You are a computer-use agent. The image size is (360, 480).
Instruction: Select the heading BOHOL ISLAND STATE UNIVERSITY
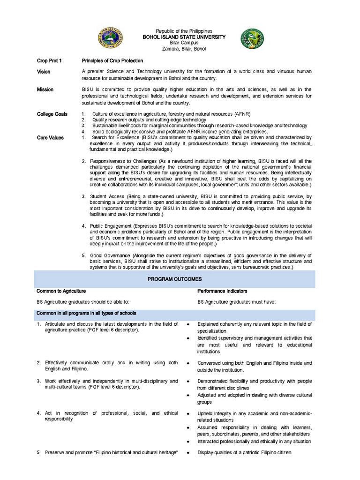click(x=180, y=37)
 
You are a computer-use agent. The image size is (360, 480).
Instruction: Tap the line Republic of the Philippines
click(x=180, y=31)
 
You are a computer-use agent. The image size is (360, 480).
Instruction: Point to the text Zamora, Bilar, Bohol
click(x=180, y=49)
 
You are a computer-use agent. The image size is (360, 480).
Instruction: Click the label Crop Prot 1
click(x=49, y=61)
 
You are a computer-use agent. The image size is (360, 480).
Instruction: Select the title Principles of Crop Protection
click(x=112, y=61)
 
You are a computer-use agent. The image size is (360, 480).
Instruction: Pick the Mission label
click(x=45, y=90)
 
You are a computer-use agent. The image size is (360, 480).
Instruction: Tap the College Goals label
click(x=52, y=114)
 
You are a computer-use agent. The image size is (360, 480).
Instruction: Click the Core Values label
click(x=50, y=138)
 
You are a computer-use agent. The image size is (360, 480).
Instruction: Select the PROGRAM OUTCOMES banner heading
click(x=181, y=279)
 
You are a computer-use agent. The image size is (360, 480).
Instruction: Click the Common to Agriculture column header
click(x=61, y=291)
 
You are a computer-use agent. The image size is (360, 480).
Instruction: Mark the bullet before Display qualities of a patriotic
click(x=187, y=453)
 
